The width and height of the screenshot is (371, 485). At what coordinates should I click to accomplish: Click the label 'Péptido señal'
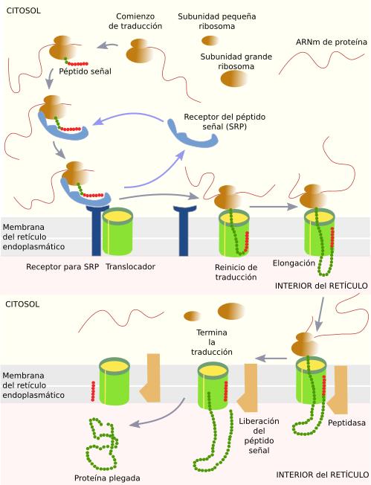[x=85, y=71]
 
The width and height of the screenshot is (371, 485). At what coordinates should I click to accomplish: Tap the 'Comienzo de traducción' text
[x=135, y=21]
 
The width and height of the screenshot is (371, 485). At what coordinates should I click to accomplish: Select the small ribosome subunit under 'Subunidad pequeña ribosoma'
[x=210, y=40]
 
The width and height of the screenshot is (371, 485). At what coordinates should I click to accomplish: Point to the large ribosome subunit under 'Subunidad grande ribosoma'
[x=233, y=79]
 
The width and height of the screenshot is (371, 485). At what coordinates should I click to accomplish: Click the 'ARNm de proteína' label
[x=332, y=42]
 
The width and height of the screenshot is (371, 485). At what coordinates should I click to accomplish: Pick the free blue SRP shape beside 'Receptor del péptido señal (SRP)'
[x=193, y=135]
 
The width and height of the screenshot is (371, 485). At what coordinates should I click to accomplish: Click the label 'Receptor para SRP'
[x=62, y=266]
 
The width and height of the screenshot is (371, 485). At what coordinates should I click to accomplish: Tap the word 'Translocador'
[x=130, y=266]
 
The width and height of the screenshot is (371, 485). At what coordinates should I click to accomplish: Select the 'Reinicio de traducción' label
[x=236, y=272]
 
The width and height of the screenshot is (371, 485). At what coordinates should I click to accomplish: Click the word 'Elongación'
[x=294, y=263]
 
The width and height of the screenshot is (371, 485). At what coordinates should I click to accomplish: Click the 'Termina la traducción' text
[x=212, y=342]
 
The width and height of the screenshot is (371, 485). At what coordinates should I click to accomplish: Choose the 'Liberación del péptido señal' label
[x=259, y=435]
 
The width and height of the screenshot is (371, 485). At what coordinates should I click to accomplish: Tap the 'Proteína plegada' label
[x=107, y=478]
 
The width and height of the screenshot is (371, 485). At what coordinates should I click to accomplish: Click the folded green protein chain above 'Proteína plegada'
[x=102, y=443]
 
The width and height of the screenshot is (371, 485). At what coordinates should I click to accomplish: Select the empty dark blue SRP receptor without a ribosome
[x=184, y=231]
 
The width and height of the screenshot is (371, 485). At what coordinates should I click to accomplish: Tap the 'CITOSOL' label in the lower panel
[x=22, y=304]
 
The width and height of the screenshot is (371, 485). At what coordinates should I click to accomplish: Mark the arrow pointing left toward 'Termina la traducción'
[x=272, y=359]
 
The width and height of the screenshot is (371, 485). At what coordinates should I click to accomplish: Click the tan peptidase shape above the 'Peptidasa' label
[x=339, y=390]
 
